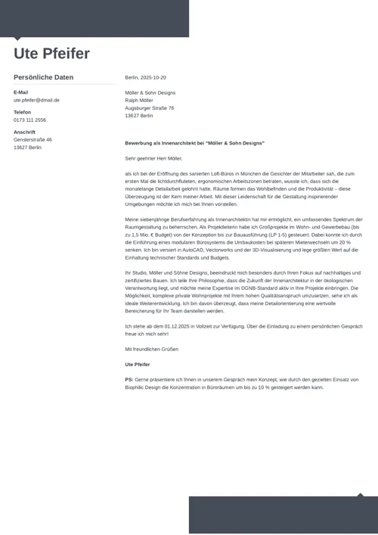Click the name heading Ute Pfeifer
click(51, 54)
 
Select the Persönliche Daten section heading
click(44, 77)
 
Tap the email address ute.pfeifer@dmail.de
click(36, 100)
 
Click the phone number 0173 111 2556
click(29, 120)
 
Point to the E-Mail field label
click(20, 92)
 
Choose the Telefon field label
click(22, 112)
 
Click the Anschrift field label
click(24, 132)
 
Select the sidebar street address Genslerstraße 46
click(33, 139)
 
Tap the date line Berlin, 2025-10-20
click(145, 77)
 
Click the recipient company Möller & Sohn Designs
click(150, 93)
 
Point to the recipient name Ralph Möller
click(138, 101)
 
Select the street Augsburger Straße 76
click(149, 108)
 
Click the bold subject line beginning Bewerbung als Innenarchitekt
click(194, 142)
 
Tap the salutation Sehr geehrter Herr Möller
click(153, 158)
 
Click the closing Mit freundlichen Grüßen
click(151, 349)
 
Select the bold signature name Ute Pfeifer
click(137, 365)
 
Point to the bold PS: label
click(129, 379)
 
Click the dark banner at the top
click(94, 17)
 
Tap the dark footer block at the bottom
click(283, 515)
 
